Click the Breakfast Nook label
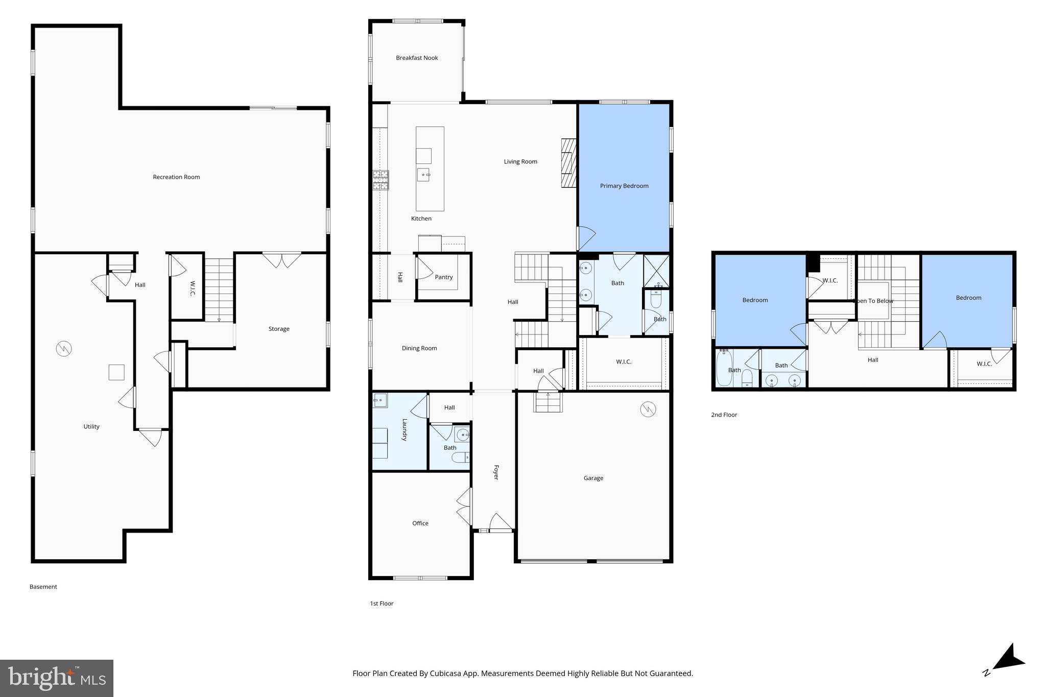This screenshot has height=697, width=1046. (x=417, y=58)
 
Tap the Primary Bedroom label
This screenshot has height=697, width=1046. (x=624, y=186)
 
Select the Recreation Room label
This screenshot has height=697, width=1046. (x=176, y=177)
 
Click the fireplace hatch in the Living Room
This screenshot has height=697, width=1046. (x=568, y=163)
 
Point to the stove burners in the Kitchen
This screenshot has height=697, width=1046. (x=381, y=180)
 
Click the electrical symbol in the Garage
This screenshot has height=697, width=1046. (x=648, y=409)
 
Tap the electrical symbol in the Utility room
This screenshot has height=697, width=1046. (x=64, y=349)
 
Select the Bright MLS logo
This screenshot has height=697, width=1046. (x=56, y=678)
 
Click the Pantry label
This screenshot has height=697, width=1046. (x=443, y=277)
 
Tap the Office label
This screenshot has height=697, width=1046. (x=420, y=523)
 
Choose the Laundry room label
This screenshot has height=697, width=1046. (x=404, y=430)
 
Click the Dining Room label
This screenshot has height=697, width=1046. (x=419, y=348)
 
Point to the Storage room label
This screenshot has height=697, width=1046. (x=279, y=329)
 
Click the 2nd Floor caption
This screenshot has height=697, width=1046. (x=724, y=415)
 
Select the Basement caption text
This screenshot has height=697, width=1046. (x=43, y=587)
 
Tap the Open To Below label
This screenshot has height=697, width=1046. (x=874, y=301)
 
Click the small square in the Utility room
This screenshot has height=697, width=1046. (x=116, y=372)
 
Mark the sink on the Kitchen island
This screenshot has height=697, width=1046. (x=423, y=175)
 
